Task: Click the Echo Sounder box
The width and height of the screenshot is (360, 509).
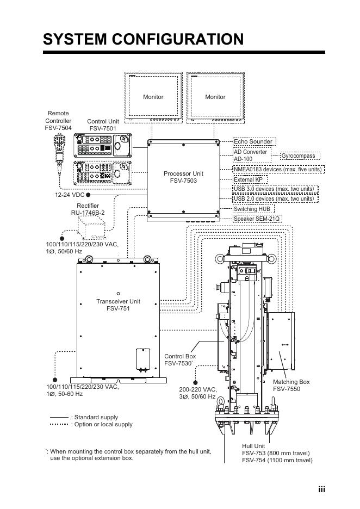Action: pyautogui.click(x=255, y=141)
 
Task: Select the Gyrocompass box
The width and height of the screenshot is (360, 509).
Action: pyautogui.click(x=300, y=156)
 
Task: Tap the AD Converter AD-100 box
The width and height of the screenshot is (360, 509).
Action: pyautogui.click(x=252, y=156)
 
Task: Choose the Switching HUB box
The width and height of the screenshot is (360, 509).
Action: pyautogui.click(x=253, y=209)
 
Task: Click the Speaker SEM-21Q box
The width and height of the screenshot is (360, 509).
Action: pyautogui.click(x=257, y=219)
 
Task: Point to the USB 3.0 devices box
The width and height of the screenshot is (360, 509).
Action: pyautogui.click(x=276, y=189)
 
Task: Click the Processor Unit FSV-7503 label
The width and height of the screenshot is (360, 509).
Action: pyautogui.click(x=183, y=177)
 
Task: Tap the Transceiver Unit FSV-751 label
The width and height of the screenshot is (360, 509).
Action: pyautogui.click(x=118, y=305)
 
